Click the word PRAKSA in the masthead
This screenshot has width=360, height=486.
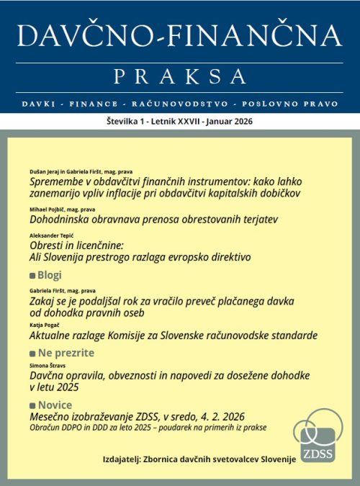pyautogui.click(x=180, y=75)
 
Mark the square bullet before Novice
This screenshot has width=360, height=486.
pyautogui.click(x=31, y=405)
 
